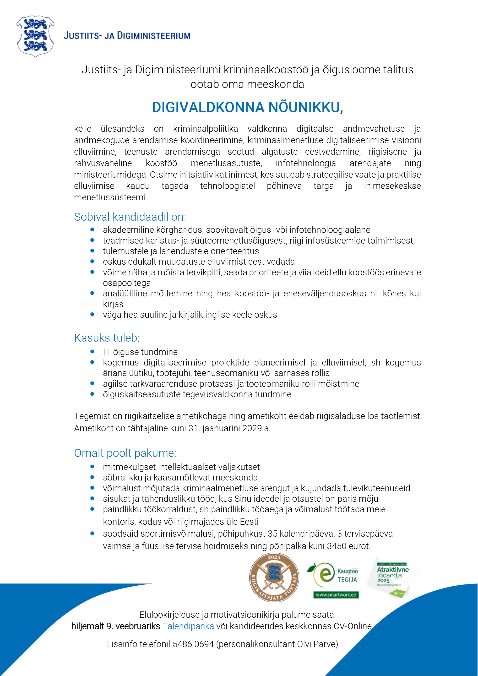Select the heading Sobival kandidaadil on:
130,217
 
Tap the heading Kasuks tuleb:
107,338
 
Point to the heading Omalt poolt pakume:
125,453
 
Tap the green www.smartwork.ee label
336,595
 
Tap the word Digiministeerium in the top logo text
154,36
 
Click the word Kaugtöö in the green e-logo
347,572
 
